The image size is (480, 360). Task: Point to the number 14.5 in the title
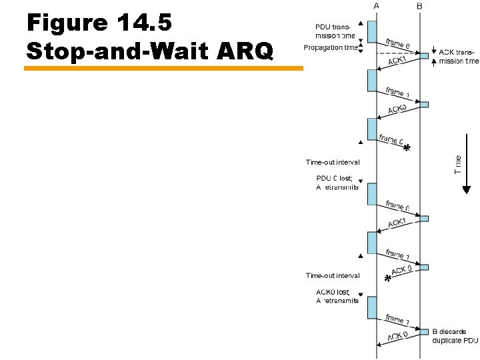click(x=145, y=23)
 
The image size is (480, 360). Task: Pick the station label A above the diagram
click(x=376, y=5)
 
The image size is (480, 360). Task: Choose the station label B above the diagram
click(x=419, y=5)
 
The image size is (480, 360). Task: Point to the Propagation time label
click(x=330, y=47)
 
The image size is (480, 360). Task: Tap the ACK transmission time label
click(x=459, y=57)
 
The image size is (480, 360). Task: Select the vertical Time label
click(x=458, y=164)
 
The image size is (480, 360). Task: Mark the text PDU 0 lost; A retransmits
click(x=337, y=183)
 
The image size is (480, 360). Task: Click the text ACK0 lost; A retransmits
click(x=337, y=296)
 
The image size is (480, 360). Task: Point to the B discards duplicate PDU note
click(x=455, y=336)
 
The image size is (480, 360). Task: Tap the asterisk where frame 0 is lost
click(x=407, y=149)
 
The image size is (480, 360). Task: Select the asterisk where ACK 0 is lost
click(x=387, y=279)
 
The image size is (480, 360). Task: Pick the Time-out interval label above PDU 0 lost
click(x=333, y=162)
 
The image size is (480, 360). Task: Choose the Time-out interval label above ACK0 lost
click(x=333, y=275)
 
